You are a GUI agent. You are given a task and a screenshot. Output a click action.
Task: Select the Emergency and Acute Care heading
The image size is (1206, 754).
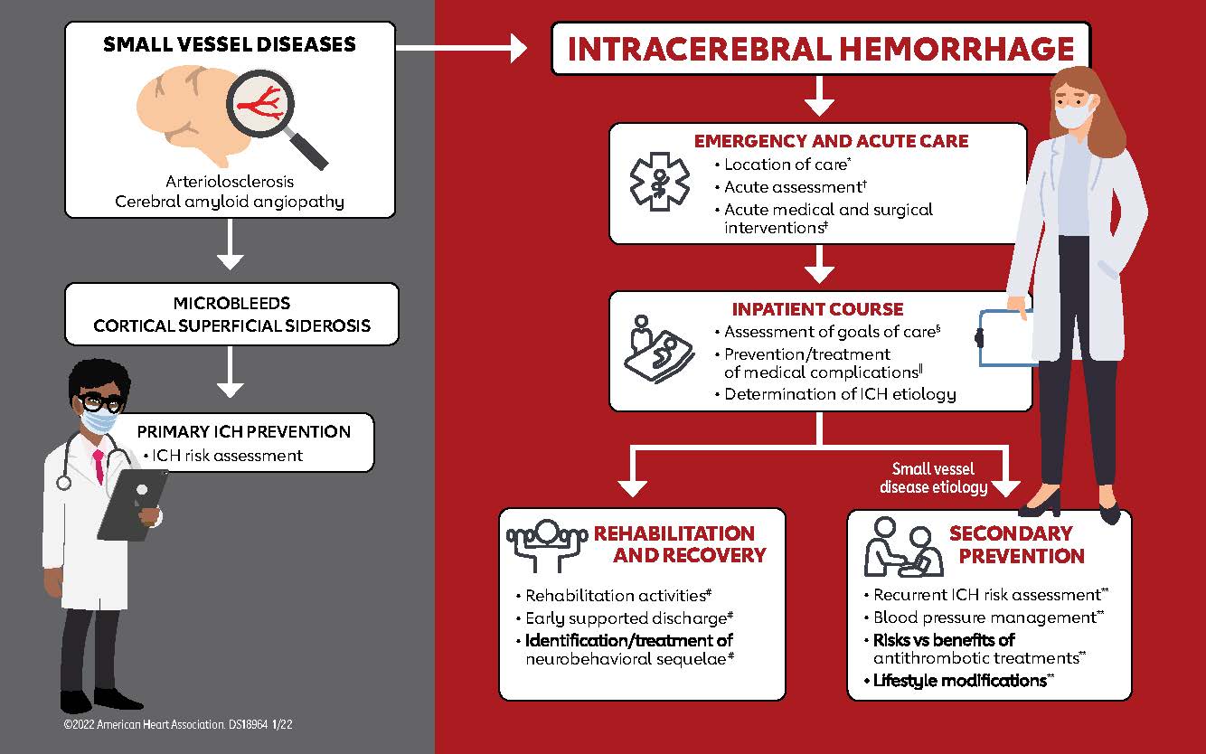831,141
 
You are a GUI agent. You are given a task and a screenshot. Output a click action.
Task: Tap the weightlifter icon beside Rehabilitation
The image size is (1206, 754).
545,544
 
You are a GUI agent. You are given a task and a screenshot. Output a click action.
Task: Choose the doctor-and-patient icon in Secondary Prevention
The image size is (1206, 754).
898,547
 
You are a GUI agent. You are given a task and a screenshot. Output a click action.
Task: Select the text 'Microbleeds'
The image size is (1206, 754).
231,302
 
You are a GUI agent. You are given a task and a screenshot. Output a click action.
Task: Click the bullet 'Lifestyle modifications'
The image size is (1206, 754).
959,680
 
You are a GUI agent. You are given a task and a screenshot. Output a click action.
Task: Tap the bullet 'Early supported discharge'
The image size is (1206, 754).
625,618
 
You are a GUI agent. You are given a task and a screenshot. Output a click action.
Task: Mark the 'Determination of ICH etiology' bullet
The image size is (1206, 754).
840,394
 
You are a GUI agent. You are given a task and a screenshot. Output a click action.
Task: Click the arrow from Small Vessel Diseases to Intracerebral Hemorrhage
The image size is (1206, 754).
461,48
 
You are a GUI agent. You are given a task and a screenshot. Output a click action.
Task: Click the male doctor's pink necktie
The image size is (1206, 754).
97,463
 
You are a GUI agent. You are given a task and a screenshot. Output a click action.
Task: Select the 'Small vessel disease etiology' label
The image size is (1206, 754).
935,478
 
